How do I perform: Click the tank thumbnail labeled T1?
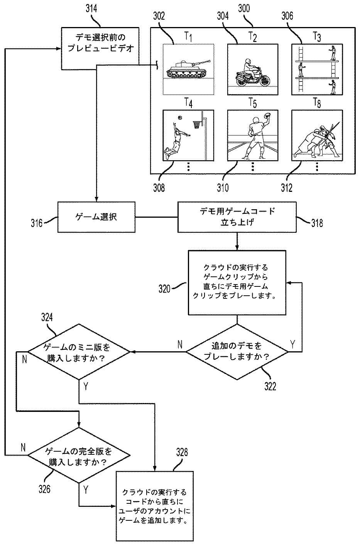coord(188,69)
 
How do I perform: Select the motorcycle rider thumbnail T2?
coord(252,69)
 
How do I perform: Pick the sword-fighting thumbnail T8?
coord(317,135)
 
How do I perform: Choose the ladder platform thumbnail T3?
coord(317,69)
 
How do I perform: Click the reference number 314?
coord(91,9)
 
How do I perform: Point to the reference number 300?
coord(244,8)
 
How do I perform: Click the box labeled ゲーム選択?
coord(96,217)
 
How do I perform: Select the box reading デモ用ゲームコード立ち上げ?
coord(237,217)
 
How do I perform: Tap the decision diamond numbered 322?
coord(237,351)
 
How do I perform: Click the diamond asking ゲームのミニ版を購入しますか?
coord(79,352)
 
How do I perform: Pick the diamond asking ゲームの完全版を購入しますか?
coord(79,456)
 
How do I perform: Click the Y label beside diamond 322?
coord(293,344)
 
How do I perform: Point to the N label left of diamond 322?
coord(180,344)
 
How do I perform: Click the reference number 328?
coord(182,452)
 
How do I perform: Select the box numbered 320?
coord(237,282)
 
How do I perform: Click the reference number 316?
coord(37,222)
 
